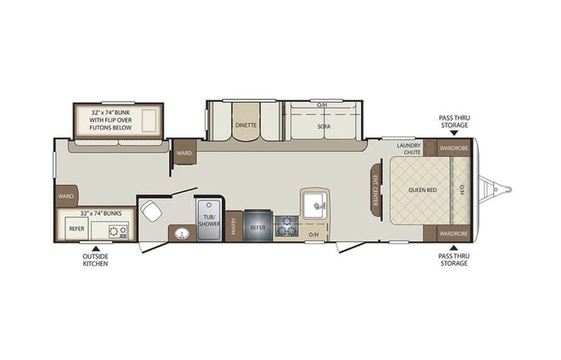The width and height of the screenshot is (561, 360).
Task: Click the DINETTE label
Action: [246, 124]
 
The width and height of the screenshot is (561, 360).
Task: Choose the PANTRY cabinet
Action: [234, 226]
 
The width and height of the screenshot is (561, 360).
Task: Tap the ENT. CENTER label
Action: [377, 190]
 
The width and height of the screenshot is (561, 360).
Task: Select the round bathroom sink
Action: [182, 233]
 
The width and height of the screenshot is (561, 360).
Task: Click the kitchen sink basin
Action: [314, 205]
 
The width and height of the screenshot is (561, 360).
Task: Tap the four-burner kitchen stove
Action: [286, 226]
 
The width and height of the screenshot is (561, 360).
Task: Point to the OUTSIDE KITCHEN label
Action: [96, 259]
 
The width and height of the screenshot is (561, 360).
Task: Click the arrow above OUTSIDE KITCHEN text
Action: [96, 248]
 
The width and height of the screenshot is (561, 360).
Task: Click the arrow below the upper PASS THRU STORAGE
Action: [454, 133]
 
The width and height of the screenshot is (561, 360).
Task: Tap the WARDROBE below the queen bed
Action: [453, 233]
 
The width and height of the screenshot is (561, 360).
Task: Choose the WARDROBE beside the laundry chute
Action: [453, 147]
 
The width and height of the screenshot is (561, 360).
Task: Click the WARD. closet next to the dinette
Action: [184, 153]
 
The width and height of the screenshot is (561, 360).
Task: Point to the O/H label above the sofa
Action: [323, 104]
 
